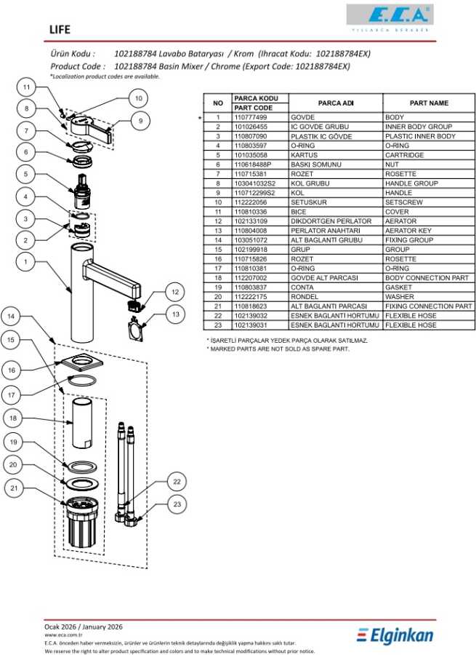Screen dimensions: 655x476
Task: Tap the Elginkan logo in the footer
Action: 395,635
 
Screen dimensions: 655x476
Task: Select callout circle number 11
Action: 26,87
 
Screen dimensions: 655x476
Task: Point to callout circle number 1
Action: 26,262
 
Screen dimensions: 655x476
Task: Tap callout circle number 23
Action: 177,503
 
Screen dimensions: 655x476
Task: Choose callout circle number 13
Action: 176,314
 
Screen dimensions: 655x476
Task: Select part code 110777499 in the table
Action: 251,117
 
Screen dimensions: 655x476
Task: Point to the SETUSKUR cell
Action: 307,202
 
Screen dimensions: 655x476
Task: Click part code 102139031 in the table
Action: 251,325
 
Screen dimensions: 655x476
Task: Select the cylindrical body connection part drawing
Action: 80,424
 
